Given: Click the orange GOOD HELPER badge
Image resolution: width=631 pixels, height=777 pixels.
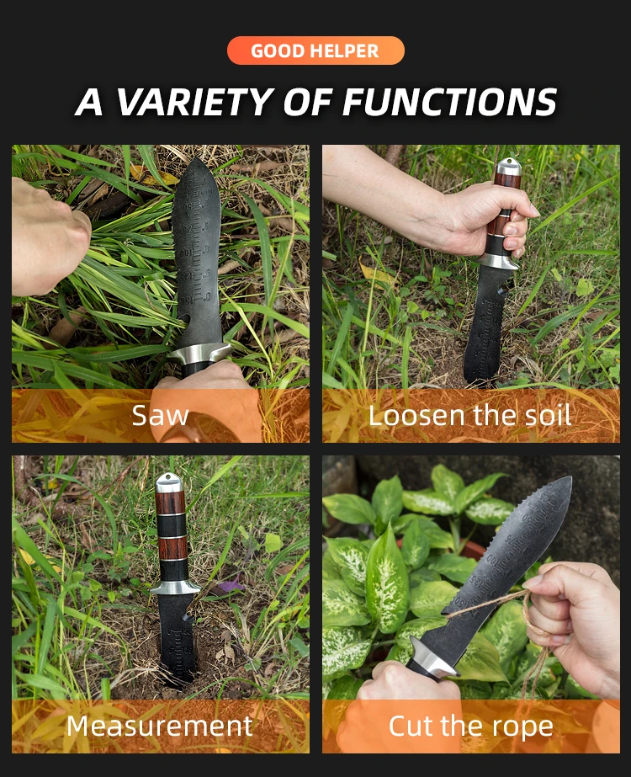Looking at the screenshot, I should pos(315,51).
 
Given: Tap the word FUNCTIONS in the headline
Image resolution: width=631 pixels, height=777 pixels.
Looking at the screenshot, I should pos(449,102).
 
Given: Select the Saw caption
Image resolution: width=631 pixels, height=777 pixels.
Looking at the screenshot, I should pos(160,414).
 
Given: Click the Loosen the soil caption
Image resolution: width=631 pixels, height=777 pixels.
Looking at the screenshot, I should pos(469,414).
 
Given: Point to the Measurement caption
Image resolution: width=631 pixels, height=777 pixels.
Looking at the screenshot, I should pos(160,725).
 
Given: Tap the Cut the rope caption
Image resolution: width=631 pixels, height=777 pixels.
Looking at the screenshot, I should pos(469,725).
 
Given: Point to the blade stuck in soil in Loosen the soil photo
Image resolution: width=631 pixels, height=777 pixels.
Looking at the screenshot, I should pos(485,328).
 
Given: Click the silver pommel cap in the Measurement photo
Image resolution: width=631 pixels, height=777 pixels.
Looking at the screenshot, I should pos(168,482).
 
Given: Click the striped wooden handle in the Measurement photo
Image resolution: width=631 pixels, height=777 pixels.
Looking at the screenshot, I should pos(170,530).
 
